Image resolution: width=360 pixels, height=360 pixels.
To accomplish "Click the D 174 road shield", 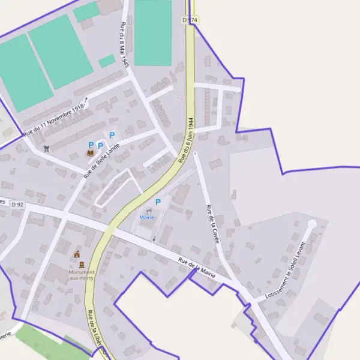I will pos(190,20).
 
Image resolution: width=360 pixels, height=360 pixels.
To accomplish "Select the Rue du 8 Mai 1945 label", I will pos(124,46).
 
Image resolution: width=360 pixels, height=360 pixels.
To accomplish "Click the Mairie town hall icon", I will pos(148,211).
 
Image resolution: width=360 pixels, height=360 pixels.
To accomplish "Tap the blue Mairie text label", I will pos(147,217).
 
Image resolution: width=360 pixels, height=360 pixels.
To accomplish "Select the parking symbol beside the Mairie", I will pos(158,202).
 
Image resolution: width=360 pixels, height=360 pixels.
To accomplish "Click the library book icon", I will pos(91,154).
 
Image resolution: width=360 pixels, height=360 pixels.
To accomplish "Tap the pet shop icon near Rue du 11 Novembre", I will pos(47,148).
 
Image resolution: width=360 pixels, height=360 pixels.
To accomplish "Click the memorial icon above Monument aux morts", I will pos(82,265).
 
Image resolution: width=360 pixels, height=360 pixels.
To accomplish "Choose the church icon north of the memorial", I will pos(76,254).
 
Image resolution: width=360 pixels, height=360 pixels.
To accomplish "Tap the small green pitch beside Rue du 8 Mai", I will pos(107,61).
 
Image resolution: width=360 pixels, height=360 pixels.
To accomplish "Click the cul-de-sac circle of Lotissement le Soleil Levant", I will pos(311,224).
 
